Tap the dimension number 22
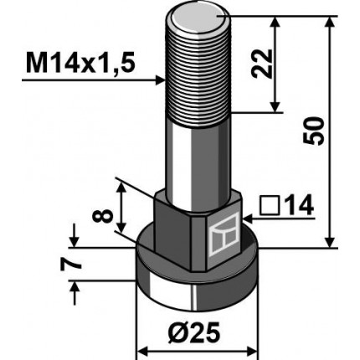(291, 63)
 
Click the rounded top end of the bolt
(200, 18)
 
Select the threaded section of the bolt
(200, 75)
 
